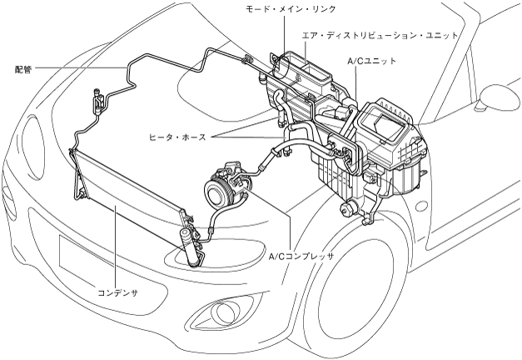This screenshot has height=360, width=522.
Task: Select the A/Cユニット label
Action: [x=371, y=61]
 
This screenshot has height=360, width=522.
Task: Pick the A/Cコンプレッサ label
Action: [x=301, y=257]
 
